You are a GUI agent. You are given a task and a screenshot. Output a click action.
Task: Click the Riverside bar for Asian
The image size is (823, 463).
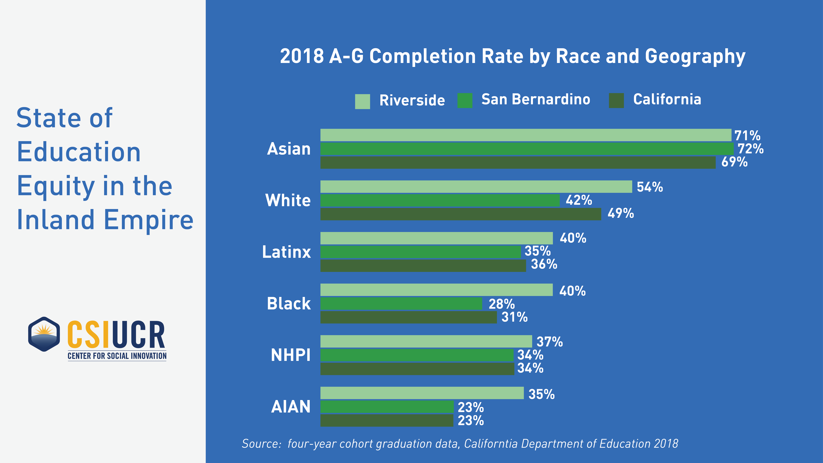pyautogui.click(x=526, y=135)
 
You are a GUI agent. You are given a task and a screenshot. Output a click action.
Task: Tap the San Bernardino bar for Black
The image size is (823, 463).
pyautogui.click(x=401, y=304)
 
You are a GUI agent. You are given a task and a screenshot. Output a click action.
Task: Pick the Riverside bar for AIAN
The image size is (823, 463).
pyautogui.click(x=422, y=393)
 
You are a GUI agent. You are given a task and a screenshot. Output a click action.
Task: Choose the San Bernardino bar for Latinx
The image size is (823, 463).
pyautogui.click(x=420, y=252)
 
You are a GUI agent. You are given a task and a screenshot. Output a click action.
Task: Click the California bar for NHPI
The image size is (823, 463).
pyautogui.click(x=417, y=368)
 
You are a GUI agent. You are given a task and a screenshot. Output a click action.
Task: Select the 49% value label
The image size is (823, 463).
pyautogui.click(x=620, y=213)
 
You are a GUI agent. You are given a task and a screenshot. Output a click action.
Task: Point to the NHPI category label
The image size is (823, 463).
pyautogui.click(x=290, y=355)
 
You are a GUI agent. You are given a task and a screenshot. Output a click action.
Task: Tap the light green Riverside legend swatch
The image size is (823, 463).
pyautogui.click(x=362, y=101)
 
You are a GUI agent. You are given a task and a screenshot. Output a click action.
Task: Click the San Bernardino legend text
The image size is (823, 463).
pyautogui.click(x=535, y=99)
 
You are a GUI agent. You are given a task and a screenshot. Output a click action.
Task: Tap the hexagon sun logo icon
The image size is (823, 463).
pyautogui.click(x=44, y=334)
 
